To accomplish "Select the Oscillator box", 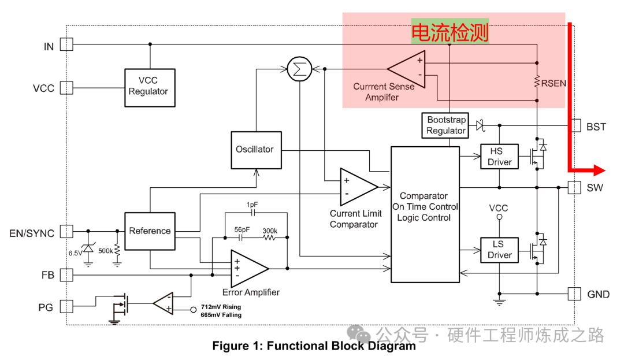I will pyautogui.click(x=254, y=150).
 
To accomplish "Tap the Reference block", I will pyautogui.click(x=150, y=231).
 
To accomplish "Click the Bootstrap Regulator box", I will pyautogui.click(x=445, y=125).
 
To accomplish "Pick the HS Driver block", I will pyautogui.click(x=499, y=157).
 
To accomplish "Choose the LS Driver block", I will pyautogui.click(x=499, y=250).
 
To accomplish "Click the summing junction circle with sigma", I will pyautogui.click(x=299, y=70).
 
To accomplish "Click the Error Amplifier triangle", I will pyautogui.click(x=247, y=268).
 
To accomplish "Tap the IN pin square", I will pyautogui.click(x=66, y=44).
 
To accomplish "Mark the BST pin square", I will pyautogui.click(x=575, y=125).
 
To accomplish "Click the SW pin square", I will pyautogui.click(x=574, y=187).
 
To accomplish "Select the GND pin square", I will pyautogui.click(x=574, y=294).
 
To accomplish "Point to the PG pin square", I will pyautogui.click(x=66, y=306).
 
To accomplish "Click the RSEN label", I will pyautogui.click(x=554, y=83).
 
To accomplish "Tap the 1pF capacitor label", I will pyautogui.click(x=252, y=205).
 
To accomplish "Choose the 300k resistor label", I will pyautogui.click(x=270, y=230).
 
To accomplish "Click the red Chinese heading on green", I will pyautogui.click(x=450, y=32).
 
